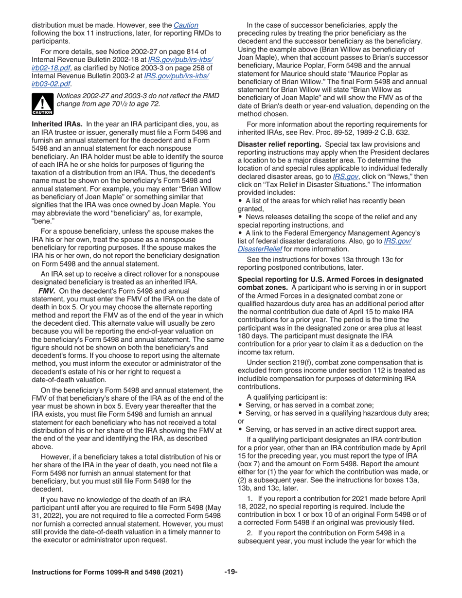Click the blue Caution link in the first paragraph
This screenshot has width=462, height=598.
[186, 25]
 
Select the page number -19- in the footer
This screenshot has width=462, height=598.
[231, 572]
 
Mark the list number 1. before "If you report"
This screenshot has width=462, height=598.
[250, 499]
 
